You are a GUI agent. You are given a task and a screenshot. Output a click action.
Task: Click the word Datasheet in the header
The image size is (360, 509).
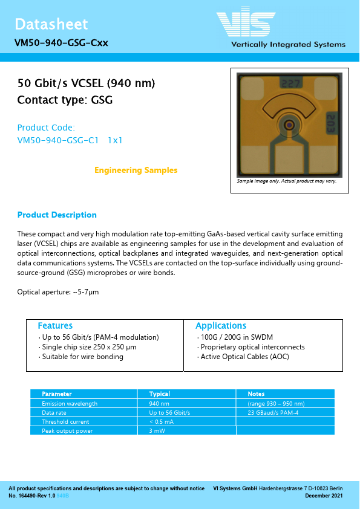51,24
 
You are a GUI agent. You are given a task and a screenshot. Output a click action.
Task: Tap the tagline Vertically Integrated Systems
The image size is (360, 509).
288,45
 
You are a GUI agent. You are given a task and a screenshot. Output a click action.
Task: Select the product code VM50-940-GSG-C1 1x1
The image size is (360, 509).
70,140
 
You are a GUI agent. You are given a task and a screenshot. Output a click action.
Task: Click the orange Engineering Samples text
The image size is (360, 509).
136,170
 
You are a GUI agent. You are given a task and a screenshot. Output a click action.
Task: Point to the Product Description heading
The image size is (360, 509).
57,215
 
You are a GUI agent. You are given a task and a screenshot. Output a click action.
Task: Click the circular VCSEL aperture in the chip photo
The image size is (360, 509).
290,125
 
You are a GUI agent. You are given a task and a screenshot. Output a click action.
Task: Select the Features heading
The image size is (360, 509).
55,326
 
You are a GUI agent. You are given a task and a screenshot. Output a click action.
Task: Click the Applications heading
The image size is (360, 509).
221,326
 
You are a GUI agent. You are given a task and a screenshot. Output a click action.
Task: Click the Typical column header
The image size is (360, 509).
159,394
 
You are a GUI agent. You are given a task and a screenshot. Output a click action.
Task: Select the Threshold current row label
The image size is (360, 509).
65,422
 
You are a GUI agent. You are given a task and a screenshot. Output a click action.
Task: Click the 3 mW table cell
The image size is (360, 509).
157,431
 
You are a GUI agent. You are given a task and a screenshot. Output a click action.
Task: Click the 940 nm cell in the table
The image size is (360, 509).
159,403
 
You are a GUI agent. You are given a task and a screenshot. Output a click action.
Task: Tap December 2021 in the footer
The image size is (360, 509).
324,496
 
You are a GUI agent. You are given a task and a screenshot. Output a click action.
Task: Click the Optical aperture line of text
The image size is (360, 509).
58,292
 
